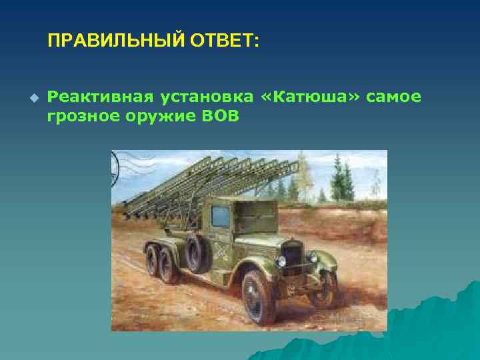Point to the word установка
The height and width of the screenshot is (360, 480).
(x=206, y=97)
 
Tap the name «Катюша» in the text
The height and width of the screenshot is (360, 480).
(x=311, y=97)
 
